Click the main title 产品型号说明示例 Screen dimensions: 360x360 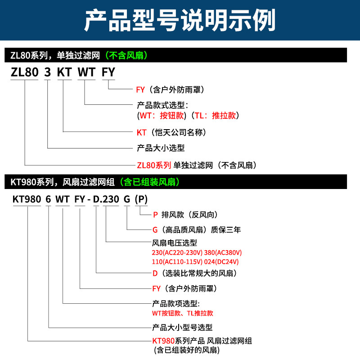(x=180, y=20)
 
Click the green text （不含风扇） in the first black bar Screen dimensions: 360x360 (x=126, y=55)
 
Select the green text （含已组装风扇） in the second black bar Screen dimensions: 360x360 (x=149, y=182)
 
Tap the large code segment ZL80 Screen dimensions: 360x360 (x=25, y=72)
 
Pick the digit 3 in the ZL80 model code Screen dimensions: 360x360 (x=47, y=72)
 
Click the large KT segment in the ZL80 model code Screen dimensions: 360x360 (x=64, y=72)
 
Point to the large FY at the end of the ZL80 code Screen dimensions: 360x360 (x=108, y=72)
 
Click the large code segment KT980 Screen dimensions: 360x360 (x=27, y=199)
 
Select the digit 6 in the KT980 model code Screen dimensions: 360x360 (x=48, y=199)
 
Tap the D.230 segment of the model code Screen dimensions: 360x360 (x=106, y=199)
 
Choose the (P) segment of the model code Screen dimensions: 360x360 (x=141, y=199)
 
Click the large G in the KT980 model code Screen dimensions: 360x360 (x=127, y=199)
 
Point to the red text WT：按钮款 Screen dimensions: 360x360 (x=162, y=116)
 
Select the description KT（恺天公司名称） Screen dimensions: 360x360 (x=171, y=132)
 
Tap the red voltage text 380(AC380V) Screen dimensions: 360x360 (x=223, y=252)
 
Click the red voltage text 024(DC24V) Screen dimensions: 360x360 (x=221, y=262)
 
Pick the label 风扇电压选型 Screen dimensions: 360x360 (x=175, y=243)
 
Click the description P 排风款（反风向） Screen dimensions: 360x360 (x=185, y=215)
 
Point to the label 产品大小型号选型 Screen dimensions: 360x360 (x=182, y=328)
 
